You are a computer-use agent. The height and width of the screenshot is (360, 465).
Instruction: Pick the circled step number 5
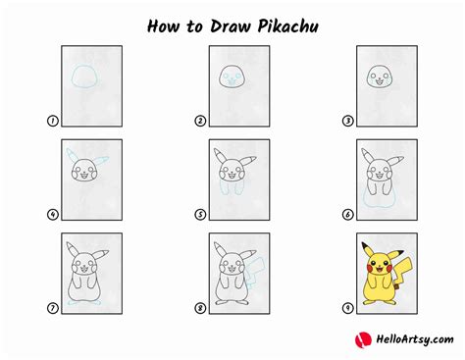coord(199,215)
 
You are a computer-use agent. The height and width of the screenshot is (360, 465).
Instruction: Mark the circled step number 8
coord(199,308)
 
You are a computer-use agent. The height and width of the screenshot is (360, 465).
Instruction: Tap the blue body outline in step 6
coord(379,200)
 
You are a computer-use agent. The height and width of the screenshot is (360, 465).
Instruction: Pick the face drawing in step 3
coord(379,76)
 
